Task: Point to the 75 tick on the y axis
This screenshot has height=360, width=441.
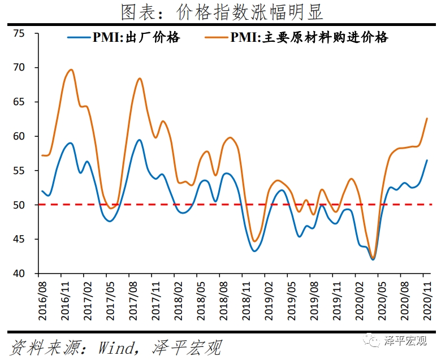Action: coord(19,33)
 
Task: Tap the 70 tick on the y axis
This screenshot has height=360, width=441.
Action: coord(19,68)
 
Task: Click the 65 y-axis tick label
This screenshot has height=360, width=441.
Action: coord(19,102)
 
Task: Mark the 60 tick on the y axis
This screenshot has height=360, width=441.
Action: coord(19,136)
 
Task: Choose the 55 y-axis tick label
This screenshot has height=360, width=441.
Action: coord(19,171)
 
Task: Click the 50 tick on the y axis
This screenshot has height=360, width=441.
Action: coord(19,205)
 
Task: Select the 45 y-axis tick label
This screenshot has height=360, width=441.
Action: coord(19,240)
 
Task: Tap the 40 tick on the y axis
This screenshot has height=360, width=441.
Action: coord(19,274)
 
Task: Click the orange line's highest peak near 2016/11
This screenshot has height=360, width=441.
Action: coord(71,70)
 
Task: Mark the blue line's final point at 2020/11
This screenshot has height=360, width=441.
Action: coord(426,161)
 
